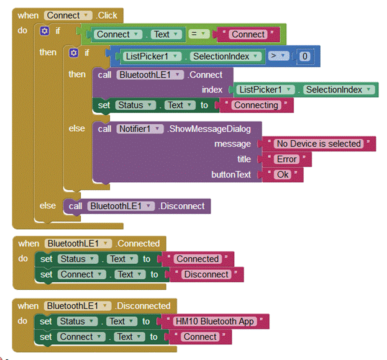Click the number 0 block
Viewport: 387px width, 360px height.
(304, 56)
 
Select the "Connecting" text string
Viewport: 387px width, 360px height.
(256, 106)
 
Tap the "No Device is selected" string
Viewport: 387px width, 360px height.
(319, 144)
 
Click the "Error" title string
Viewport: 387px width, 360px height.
(286, 160)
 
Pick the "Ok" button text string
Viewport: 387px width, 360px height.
(283, 175)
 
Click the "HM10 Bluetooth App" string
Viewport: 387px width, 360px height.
(214, 322)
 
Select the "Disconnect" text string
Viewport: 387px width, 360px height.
(206, 274)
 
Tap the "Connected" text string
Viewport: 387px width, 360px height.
(198, 259)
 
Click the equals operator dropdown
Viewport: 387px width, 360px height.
(199, 34)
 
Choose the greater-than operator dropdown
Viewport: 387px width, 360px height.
(278, 56)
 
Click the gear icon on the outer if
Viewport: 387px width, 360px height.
(45, 31)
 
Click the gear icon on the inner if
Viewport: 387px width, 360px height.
(73, 53)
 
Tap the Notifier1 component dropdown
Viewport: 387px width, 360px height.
(140, 129)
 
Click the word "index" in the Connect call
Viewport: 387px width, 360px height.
(212, 90)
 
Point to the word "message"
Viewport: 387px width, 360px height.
(232, 144)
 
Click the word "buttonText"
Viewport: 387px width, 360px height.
(231, 175)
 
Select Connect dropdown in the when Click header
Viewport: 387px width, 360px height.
(68, 16)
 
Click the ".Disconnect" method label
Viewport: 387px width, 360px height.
(181, 206)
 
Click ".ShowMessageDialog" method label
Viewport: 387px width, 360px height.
(209, 129)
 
